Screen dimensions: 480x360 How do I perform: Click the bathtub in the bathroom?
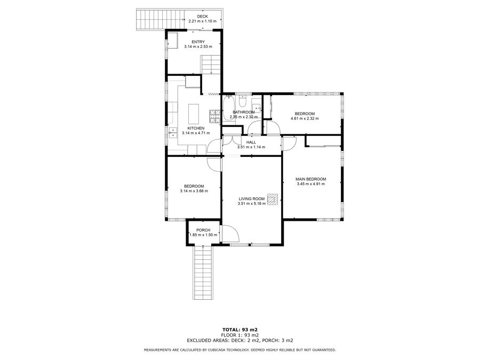pos(228,108)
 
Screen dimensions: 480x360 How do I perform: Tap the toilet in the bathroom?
pos(243,100)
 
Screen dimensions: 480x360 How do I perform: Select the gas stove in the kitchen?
pos(215,116)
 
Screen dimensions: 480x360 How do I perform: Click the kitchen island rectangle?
pos(194,113)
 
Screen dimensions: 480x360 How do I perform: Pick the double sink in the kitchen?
pos(173,133)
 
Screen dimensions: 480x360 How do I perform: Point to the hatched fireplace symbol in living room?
pos(272,199)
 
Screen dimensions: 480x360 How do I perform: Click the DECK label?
pos(202,17)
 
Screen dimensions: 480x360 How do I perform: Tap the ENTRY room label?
pos(198,42)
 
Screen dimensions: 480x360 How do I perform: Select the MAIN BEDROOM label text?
pos(311,179)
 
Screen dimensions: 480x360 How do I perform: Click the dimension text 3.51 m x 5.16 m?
pos(252,204)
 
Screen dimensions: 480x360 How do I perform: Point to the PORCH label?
pos(203,230)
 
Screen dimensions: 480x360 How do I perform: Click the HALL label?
pos(251,142)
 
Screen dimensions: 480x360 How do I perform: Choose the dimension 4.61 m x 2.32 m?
pos(305,118)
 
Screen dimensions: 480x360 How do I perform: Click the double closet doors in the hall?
pos(233,140)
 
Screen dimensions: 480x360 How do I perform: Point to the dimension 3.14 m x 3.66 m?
pos(194,191)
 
